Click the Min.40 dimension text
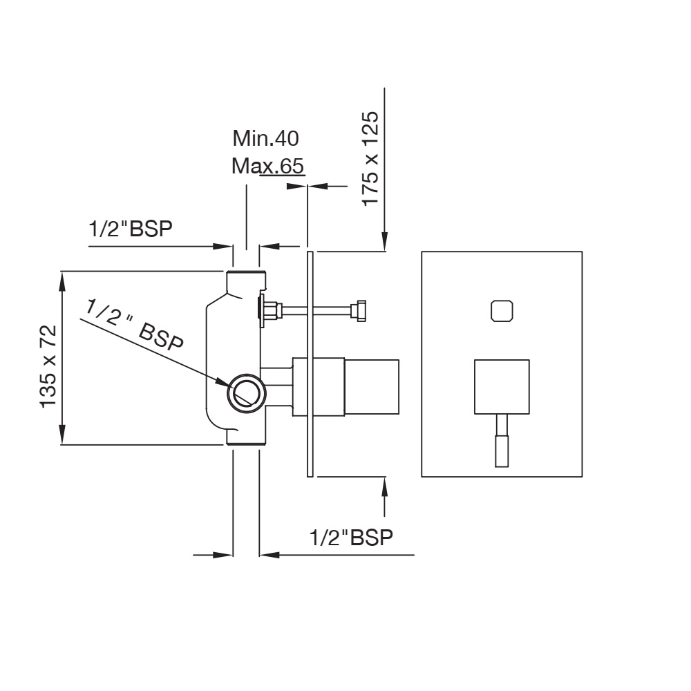[x=266, y=138]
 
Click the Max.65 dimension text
[x=267, y=166]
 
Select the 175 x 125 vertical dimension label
[x=370, y=159]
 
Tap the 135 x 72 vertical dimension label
[x=48, y=367]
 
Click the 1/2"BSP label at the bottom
[x=351, y=537]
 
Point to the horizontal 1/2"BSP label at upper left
[x=131, y=229]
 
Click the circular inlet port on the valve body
[x=247, y=394]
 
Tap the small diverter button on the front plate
[x=502, y=311]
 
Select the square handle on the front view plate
[x=502, y=387]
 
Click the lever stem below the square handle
[x=502, y=441]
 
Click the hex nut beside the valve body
[x=270, y=311]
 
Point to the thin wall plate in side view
[x=310, y=364]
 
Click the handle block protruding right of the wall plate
[x=372, y=387]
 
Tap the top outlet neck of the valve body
[x=247, y=282]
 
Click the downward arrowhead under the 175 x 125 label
[x=385, y=241]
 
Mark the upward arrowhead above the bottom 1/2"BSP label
[x=385, y=486]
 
